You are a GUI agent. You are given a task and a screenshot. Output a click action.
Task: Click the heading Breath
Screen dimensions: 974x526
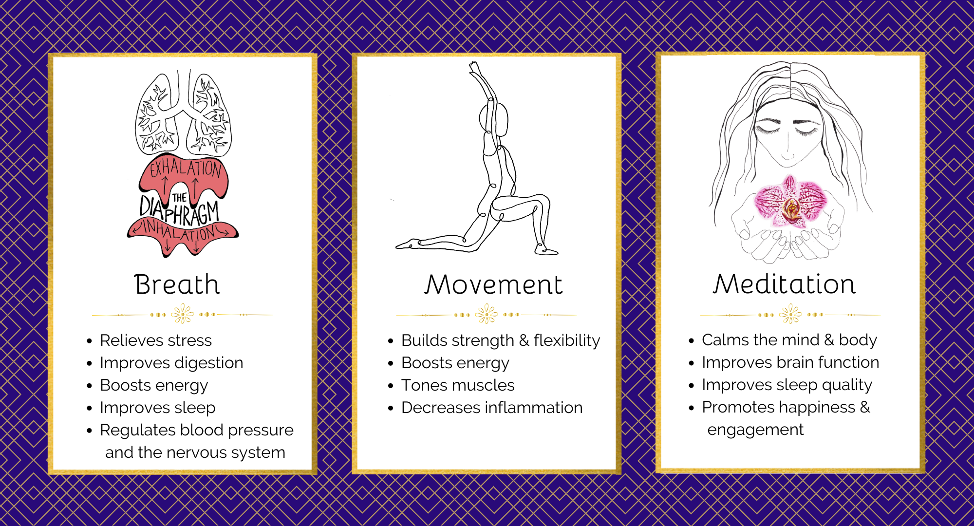coord(177,284)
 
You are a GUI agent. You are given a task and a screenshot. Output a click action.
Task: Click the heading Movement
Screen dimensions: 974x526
coord(493,284)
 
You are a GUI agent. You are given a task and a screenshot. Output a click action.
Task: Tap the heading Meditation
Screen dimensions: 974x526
coord(784,284)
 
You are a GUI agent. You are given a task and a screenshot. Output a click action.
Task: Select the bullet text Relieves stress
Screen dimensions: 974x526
coord(156,340)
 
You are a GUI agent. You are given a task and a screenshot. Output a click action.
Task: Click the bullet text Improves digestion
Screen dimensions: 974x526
coord(171,363)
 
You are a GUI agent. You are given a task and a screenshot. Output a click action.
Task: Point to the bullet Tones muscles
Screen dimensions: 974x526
coord(458,385)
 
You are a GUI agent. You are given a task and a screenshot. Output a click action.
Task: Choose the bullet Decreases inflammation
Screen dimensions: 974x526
coord(492,408)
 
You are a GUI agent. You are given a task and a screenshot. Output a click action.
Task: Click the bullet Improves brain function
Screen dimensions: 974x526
coord(790,362)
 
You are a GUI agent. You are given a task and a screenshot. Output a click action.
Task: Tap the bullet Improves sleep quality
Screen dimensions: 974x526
coord(787,385)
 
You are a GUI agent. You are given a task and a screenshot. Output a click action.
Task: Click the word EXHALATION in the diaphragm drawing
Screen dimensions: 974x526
coord(186,169)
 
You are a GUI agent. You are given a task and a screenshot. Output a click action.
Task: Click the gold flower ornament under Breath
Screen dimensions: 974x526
coord(183,314)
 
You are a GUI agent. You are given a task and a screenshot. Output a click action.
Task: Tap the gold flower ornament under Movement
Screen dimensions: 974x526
coord(487,314)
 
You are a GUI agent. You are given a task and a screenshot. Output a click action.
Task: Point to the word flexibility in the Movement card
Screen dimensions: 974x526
coord(567,340)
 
